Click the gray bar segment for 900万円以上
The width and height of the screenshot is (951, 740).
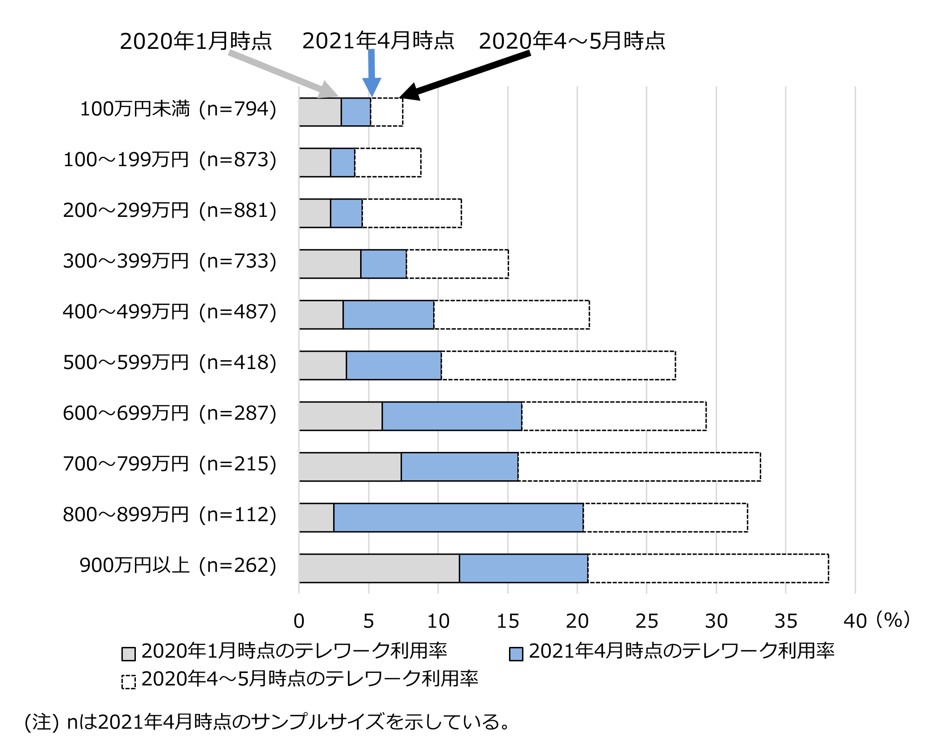pyautogui.click(x=379, y=568)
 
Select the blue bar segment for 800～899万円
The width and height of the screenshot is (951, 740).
pyautogui.click(x=458, y=517)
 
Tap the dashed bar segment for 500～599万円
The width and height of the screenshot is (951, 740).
pyautogui.click(x=558, y=365)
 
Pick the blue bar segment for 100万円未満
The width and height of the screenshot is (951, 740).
pyautogui.click(x=356, y=112)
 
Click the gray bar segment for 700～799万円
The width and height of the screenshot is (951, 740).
pyautogui.click(x=350, y=466)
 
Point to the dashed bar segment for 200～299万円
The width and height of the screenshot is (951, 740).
pyautogui.click(x=412, y=213)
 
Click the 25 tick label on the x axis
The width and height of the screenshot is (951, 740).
pyautogui.click(x=646, y=621)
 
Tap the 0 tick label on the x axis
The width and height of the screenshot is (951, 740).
pyautogui.click(x=299, y=621)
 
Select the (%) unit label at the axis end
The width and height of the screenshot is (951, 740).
pyautogui.click(x=892, y=619)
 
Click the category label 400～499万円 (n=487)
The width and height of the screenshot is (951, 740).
pyautogui.click(x=170, y=312)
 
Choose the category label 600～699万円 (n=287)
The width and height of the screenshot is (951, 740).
pyautogui.click(x=170, y=413)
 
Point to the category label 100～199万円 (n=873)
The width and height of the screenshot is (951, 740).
pyautogui.click(x=170, y=160)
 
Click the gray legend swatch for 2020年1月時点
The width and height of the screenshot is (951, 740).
pyautogui.click(x=128, y=653)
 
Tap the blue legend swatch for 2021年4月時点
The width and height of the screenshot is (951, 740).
pyautogui.click(x=516, y=653)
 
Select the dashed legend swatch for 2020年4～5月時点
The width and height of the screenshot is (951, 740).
pyautogui.click(x=128, y=681)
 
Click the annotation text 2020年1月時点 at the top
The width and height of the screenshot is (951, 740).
pyautogui.click(x=196, y=41)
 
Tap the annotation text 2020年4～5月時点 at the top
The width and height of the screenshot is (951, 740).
pyautogui.click(x=572, y=41)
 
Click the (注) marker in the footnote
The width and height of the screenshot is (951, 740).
pyautogui.click(x=41, y=722)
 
